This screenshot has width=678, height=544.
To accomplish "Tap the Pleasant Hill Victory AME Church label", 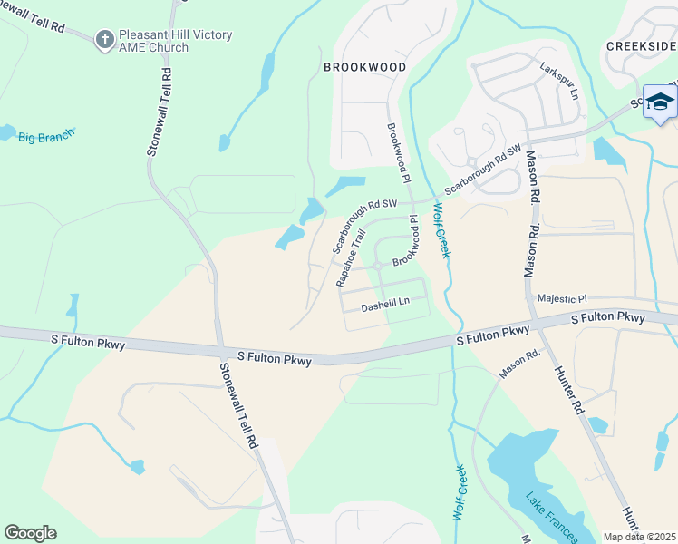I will click(x=173, y=41).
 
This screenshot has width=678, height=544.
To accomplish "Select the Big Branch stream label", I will click(x=45, y=136).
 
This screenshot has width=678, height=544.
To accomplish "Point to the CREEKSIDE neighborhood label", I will click(x=641, y=46).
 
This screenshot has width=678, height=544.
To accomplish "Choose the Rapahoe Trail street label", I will click(x=351, y=257).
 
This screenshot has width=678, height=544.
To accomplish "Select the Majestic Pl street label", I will click(x=562, y=297).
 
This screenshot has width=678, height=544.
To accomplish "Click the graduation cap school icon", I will click(x=660, y=102).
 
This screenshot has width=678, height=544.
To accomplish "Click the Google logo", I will click(x=30, y=533).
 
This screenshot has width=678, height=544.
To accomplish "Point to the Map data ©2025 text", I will click(x=640, y=537).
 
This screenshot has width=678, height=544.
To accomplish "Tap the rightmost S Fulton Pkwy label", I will click(x=607, y=318).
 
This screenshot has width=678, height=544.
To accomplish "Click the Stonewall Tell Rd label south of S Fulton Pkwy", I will click(x=238, y=404).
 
